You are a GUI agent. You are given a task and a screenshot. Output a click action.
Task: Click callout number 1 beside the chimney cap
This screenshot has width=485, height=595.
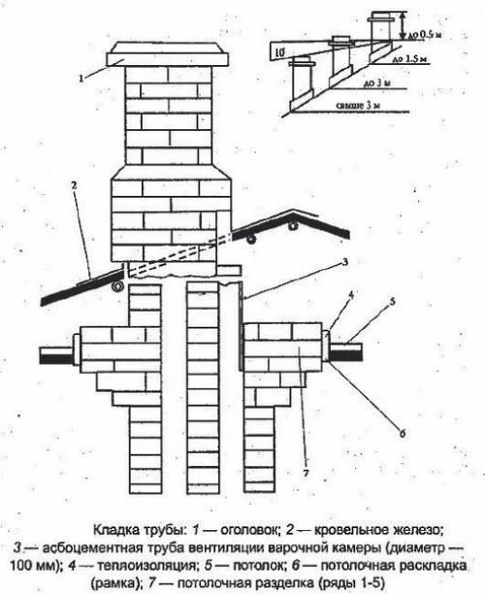[81, 79]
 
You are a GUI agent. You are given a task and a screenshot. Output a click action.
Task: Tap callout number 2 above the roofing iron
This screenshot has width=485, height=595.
[74, 186]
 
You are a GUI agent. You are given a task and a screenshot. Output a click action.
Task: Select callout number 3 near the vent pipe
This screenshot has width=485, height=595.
[344, 263]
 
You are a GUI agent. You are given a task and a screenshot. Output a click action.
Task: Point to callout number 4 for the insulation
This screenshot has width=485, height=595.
[351, 295]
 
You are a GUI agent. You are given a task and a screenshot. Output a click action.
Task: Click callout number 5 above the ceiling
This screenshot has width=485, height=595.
[392, 301]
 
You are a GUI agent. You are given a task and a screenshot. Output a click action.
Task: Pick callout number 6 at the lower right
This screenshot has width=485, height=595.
[403, 433]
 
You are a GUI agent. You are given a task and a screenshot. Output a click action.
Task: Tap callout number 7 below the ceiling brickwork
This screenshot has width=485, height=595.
[307, 473]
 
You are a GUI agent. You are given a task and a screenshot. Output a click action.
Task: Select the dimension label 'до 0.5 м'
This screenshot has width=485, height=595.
[426, 35]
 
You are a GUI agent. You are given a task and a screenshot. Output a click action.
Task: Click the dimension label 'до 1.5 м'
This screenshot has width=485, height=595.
[410, 59]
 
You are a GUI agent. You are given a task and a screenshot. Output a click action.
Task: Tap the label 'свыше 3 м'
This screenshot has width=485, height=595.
[358, 106]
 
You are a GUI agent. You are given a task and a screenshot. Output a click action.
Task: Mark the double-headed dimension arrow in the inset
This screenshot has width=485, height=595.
[403, 25]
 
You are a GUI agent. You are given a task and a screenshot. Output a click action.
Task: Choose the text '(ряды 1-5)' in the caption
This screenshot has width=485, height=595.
[351, 583]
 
